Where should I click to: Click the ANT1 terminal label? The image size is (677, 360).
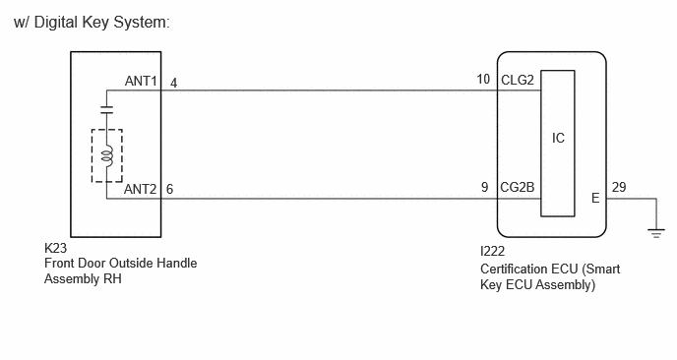(141, 81)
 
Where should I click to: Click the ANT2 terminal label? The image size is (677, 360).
(141, 189)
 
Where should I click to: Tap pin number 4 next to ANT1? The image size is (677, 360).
(173, 83)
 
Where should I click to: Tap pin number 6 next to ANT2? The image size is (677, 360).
(169, 189)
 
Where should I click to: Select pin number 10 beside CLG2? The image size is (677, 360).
(483, 80)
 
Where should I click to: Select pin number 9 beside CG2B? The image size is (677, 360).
(485, 187)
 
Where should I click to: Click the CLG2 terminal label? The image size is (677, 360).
(518, 80)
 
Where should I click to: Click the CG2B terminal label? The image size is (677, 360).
(518, 187)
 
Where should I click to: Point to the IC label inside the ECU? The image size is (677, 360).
(558, 138)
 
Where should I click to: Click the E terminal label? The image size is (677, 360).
(595, 198)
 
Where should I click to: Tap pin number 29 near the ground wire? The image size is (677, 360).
(619, 187)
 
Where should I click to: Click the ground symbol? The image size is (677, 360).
(656, 233)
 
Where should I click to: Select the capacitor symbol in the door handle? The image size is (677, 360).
(106, 109)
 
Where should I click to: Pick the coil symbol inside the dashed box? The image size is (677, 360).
(107, 155)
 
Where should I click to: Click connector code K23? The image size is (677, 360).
(55, 248)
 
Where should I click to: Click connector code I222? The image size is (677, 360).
(492, 251)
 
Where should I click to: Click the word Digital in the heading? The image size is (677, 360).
(56, 22)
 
